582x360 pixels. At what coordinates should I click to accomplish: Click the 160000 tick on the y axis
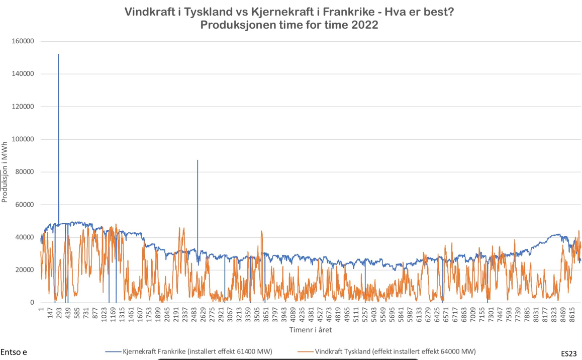(x=23, y=41)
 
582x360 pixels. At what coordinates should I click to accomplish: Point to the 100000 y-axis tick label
(x=23, y=139)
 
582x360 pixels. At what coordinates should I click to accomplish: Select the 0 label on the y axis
(x=32, y=303)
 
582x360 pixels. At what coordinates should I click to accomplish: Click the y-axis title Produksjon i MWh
(x=5, y=172)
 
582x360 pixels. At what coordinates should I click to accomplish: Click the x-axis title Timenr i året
(x=310, y=330)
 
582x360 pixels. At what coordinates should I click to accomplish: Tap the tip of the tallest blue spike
(x=58, y=54)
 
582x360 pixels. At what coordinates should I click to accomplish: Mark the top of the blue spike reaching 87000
(x=198, y=160)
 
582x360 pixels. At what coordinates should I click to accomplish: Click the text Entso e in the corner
(x=14, y=352)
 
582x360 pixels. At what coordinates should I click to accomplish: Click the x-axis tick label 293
(x=59, y=314)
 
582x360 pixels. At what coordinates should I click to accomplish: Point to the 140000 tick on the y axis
(x=23, y=74)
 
